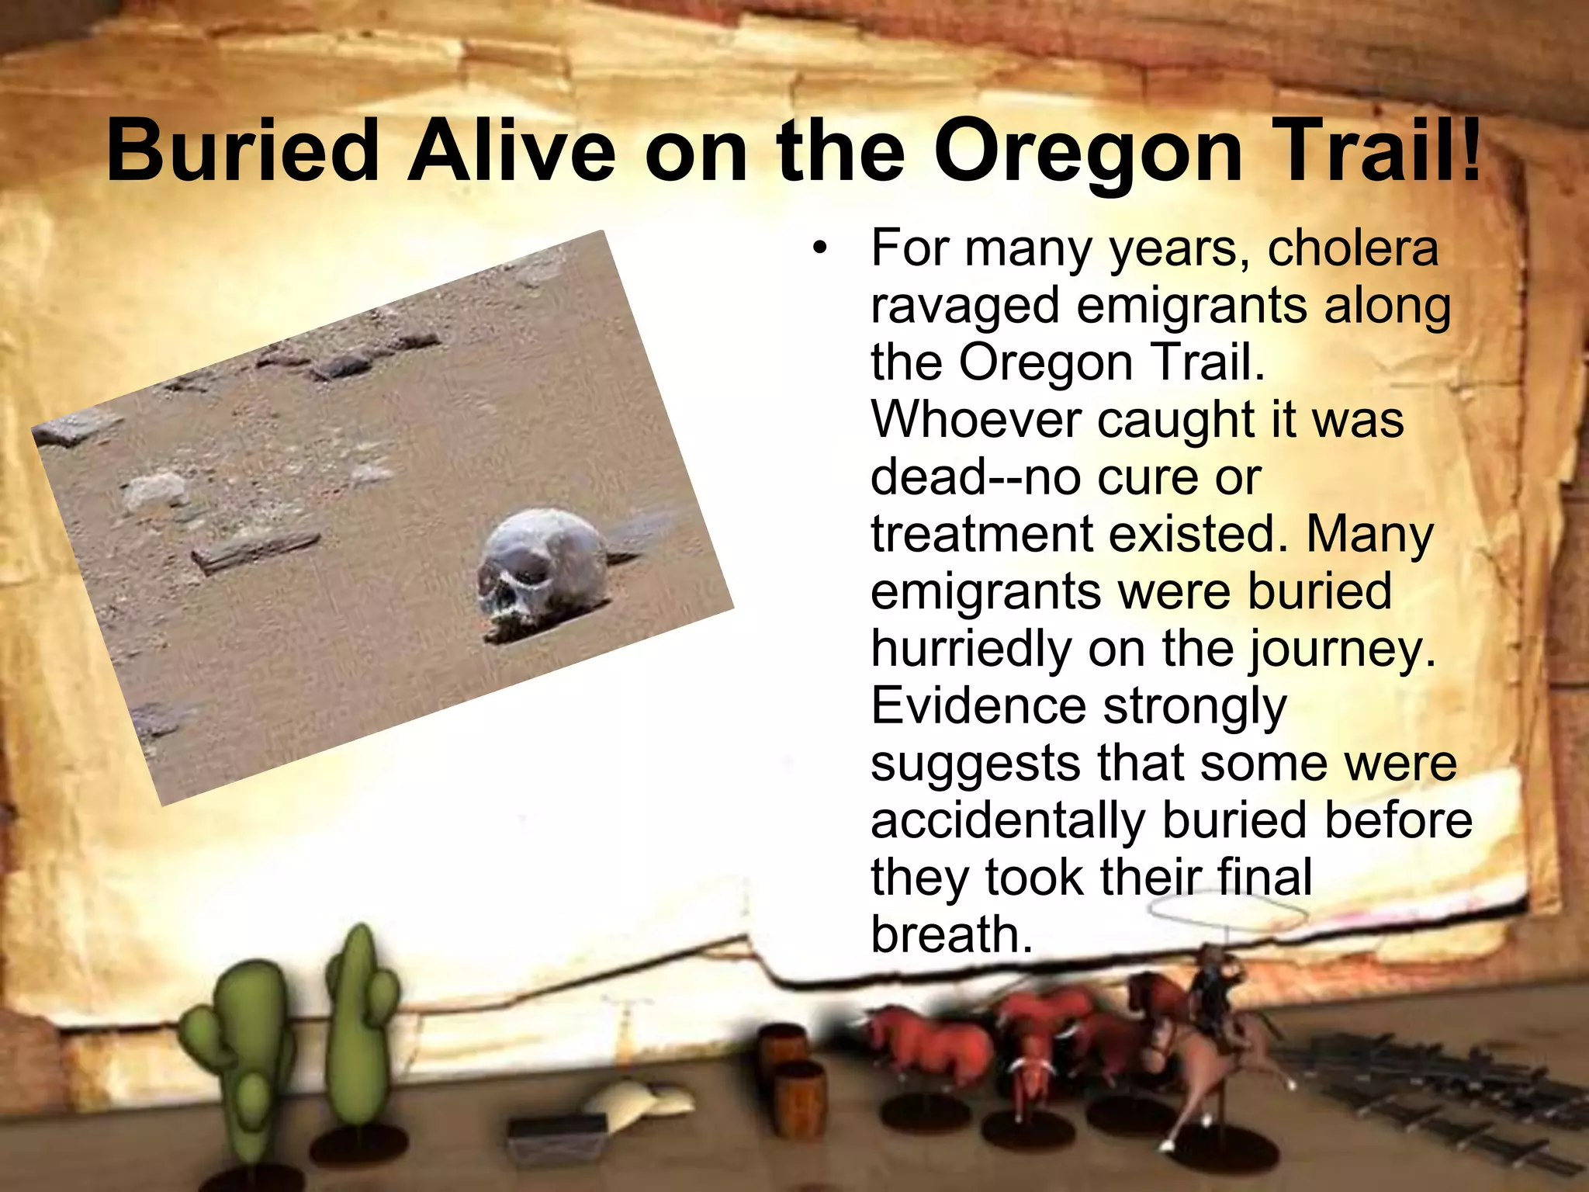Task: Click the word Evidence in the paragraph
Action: point(978,706)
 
